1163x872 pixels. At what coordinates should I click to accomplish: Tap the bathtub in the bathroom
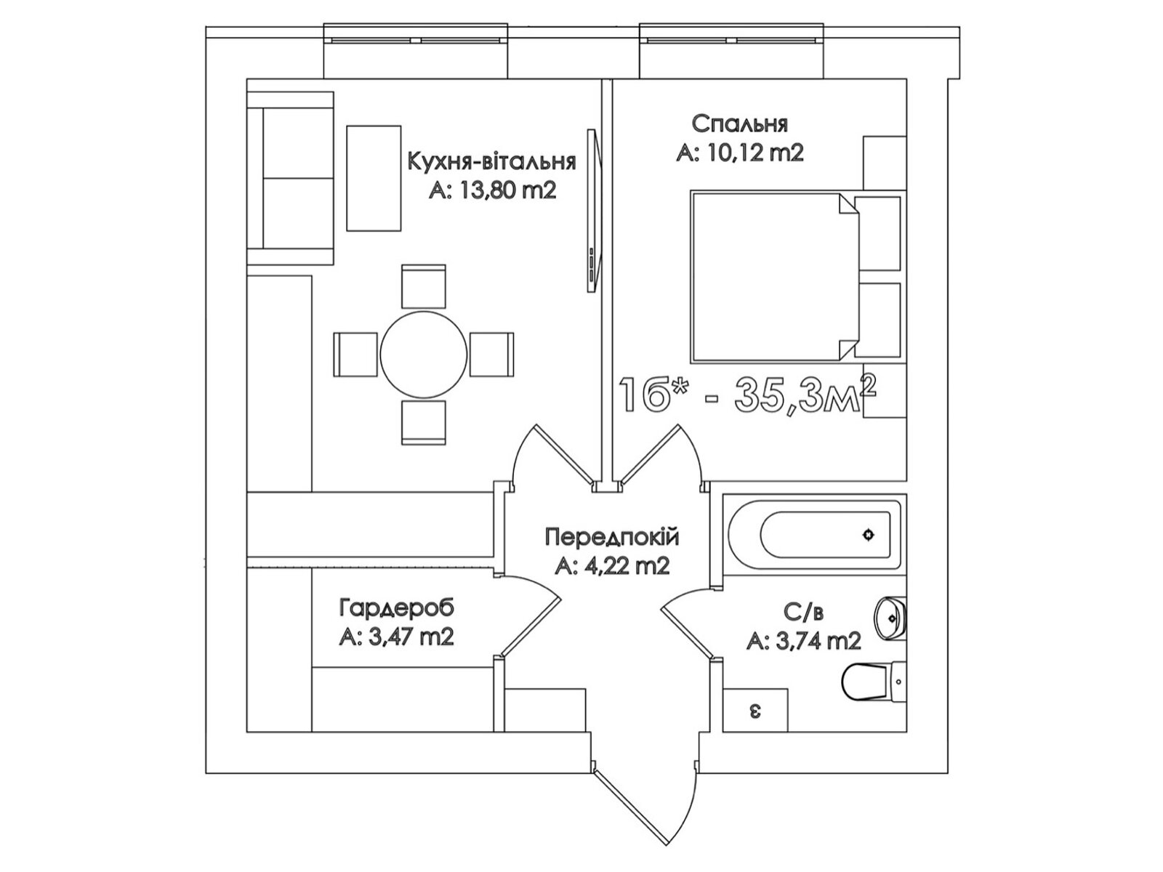814,536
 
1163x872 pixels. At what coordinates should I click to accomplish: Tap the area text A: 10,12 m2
739,153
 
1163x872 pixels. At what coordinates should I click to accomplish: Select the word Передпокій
611,538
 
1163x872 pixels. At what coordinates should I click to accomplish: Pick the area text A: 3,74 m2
803,641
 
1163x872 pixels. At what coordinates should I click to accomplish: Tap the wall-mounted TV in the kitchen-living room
592,211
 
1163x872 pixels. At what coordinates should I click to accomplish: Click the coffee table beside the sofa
374,178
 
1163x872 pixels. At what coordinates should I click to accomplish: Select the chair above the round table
424,286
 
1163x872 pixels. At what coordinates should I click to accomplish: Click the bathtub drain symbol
868,536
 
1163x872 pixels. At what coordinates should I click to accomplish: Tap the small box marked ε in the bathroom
756,710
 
